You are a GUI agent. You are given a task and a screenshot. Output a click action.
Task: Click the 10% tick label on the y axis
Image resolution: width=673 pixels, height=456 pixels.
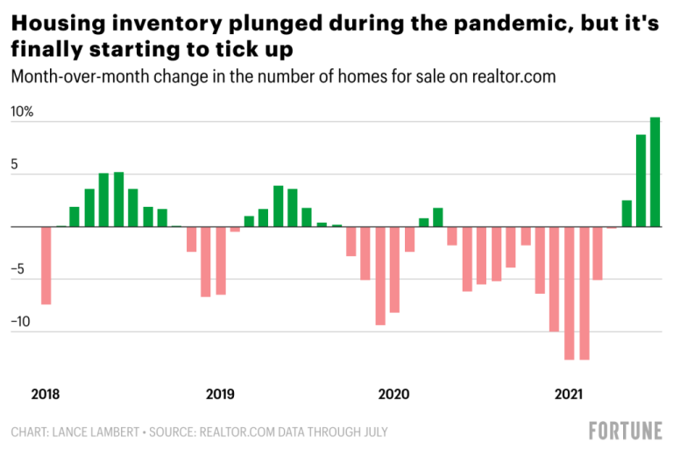[x=21, y=113]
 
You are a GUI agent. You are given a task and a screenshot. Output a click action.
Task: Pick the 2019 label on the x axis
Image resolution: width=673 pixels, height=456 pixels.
[x=219, y=395]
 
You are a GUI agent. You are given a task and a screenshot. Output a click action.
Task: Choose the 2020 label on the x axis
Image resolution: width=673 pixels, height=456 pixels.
[x=393, y=395]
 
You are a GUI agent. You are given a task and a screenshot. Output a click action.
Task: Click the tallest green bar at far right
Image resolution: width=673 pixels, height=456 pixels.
[x=655, y=172]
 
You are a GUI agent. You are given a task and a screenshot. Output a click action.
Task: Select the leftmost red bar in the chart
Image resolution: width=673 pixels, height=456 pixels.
[x=46, y=265]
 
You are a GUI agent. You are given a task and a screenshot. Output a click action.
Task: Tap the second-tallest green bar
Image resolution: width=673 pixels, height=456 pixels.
[x=641, y=181]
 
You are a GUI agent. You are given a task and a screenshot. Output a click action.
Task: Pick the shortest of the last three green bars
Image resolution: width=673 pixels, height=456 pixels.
[x=627, y=213]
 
